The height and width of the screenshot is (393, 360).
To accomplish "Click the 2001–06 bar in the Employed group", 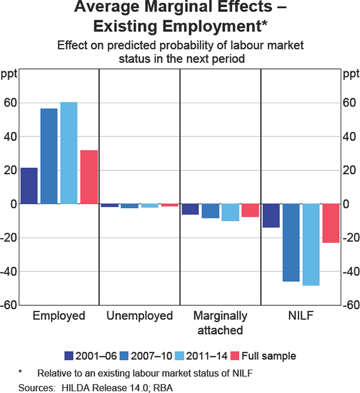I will [29, 186].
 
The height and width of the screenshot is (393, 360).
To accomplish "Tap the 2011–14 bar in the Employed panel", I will [69, 153].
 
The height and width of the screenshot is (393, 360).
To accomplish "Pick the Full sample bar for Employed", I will [89, 177].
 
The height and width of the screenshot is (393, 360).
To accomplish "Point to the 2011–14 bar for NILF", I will [311, 245].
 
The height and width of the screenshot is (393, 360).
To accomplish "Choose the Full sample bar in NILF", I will [331, 223].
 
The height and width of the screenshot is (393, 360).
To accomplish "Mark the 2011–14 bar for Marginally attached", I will [230, 212].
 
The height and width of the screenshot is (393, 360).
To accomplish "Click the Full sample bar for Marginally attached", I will [250, 211].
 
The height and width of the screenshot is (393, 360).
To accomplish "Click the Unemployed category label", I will [139, 316].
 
